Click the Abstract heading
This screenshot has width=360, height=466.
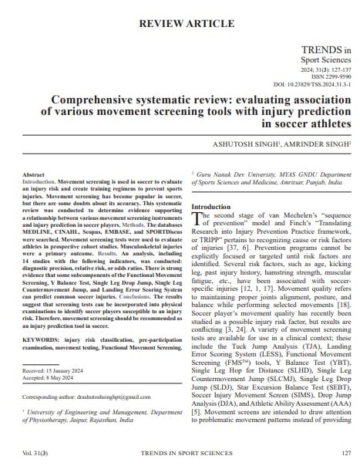(35, 176)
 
